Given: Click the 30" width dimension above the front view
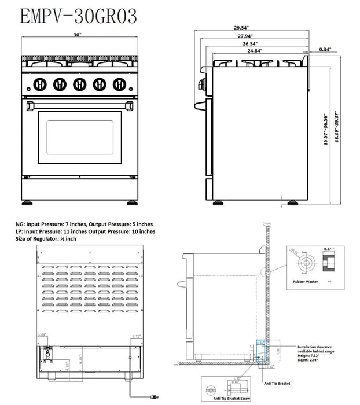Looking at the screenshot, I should [78, 35].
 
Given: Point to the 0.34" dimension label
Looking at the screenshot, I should [325, 50].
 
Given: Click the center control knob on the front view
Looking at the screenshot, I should [79, 84].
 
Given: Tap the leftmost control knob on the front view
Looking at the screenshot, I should [39, 84].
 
